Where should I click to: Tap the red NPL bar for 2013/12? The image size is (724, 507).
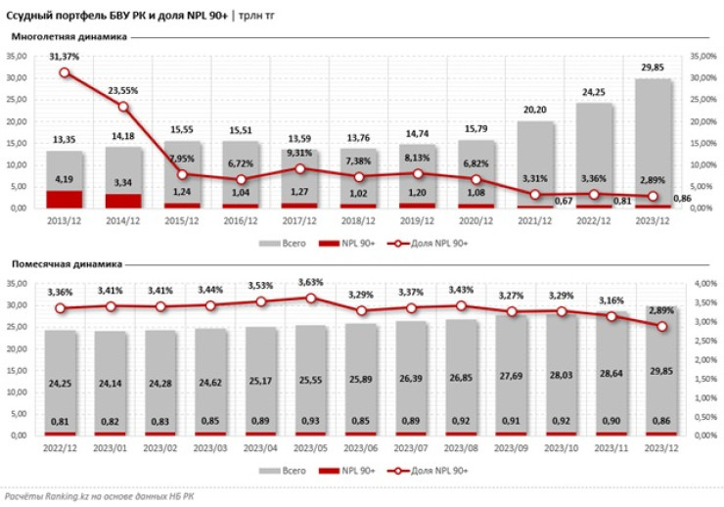(65, 199)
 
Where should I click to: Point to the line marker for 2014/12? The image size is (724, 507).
(123, 107)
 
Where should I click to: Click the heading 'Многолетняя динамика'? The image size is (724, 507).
(69, 37)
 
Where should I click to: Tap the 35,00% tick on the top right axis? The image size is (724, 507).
(703, 56)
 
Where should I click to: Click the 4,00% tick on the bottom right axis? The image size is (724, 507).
(703, 283)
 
